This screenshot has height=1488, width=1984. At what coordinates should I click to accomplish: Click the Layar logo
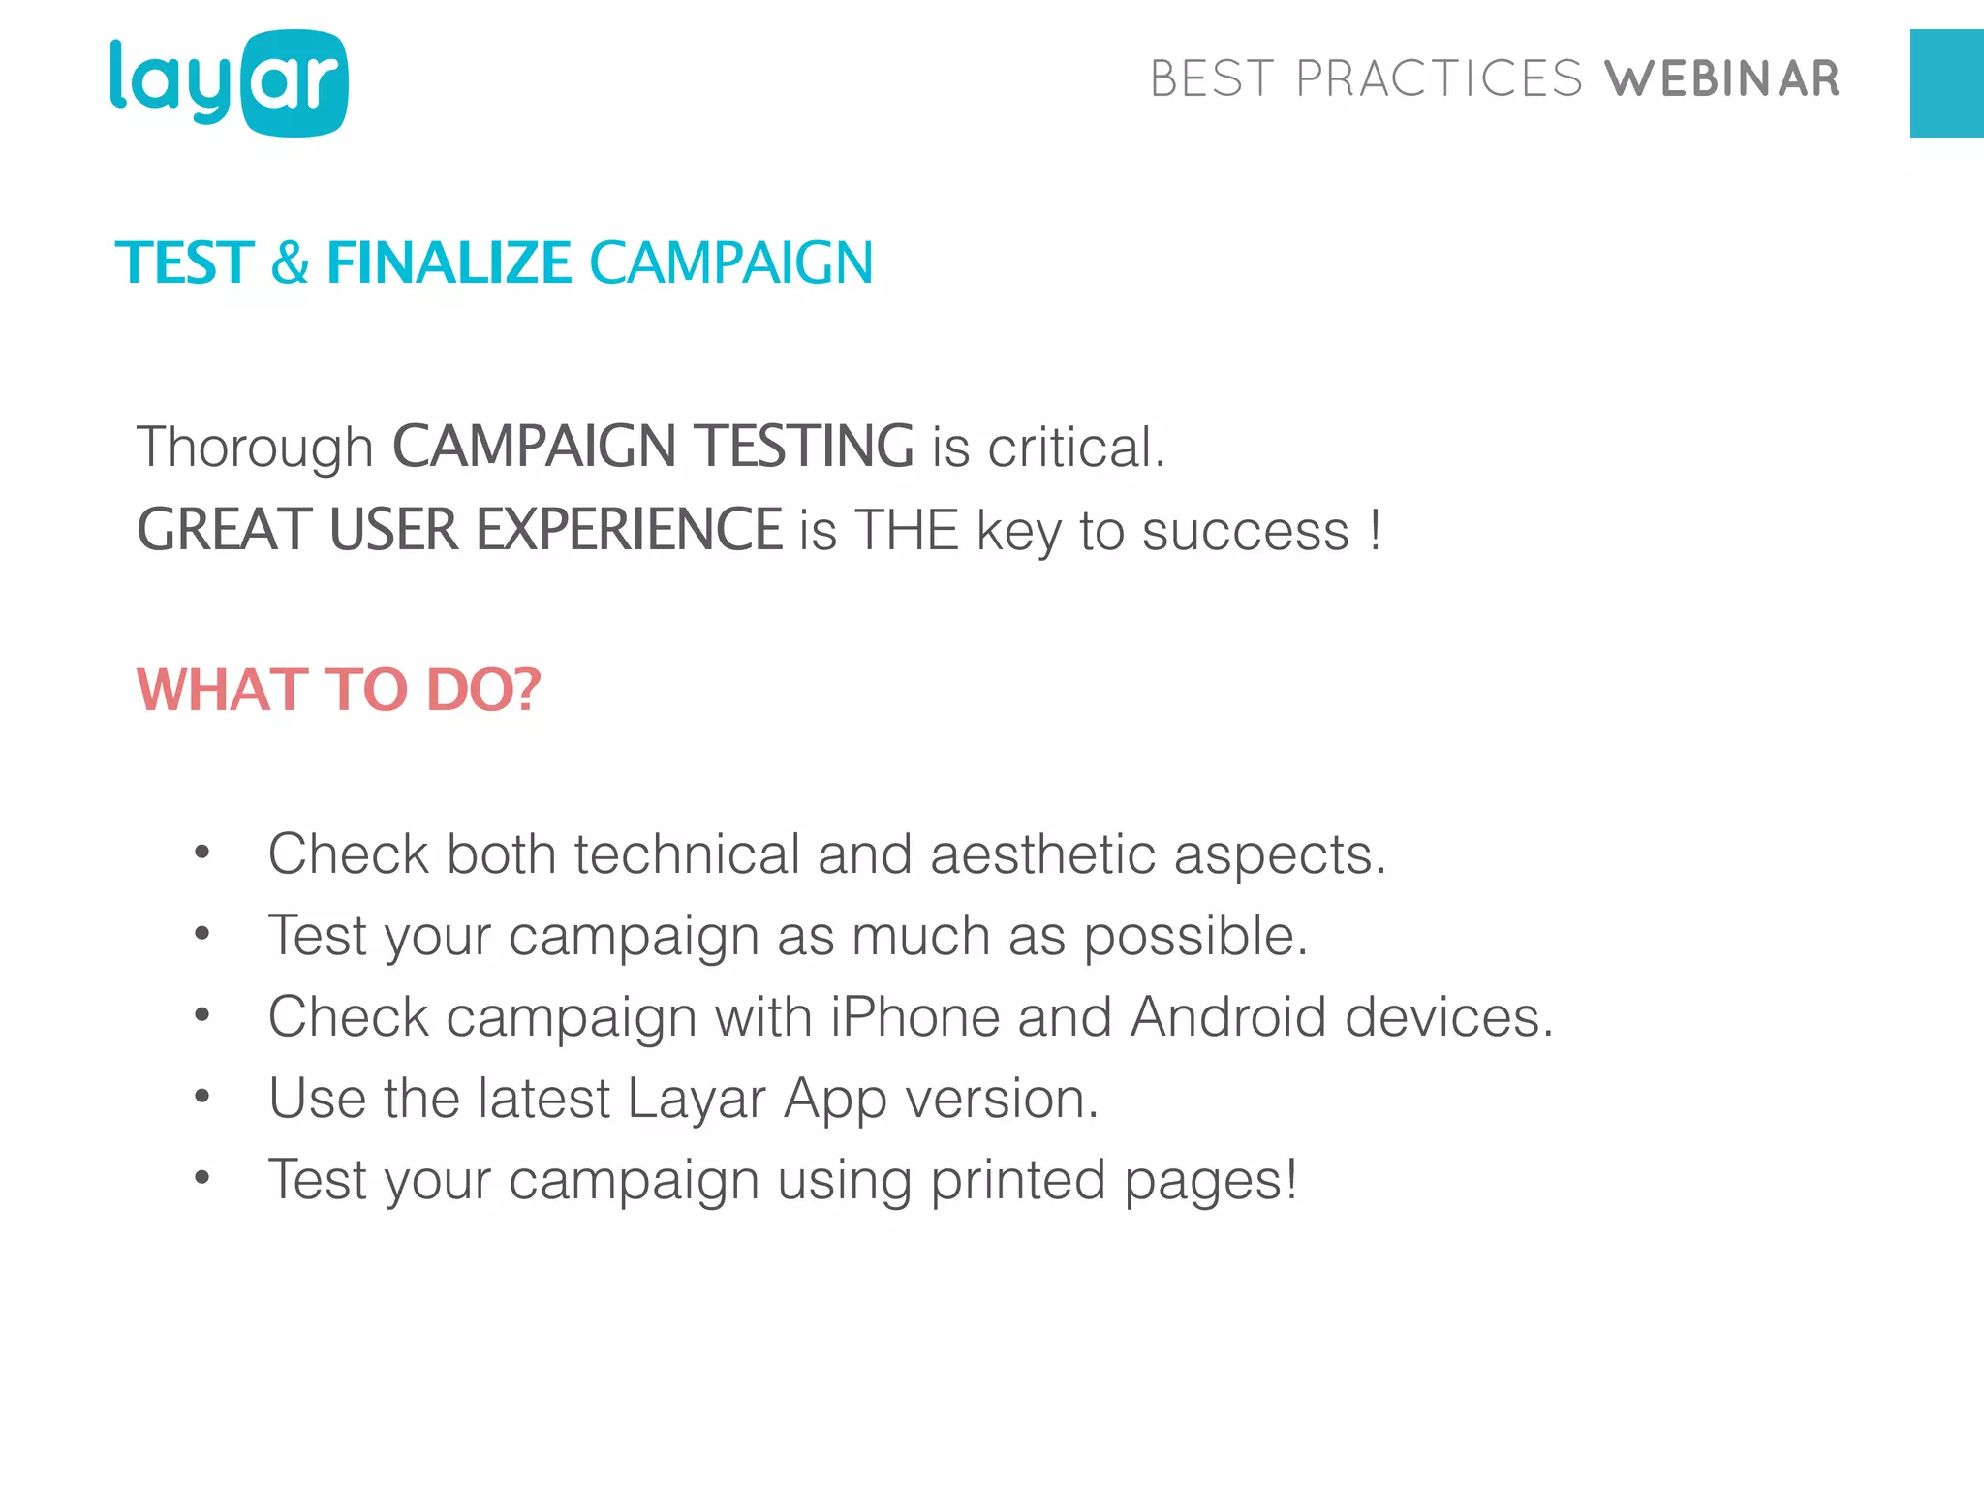coord(229,83)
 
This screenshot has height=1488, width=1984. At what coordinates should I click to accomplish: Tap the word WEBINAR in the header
coord(1721,79)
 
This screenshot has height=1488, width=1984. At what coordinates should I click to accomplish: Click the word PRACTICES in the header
coord(1439,79)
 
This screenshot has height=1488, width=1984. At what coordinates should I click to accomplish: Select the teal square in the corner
coord(1946,83)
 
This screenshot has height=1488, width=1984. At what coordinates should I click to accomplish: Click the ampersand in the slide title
coord(290,263)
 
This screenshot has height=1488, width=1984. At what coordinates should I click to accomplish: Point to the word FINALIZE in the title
coord(449,263)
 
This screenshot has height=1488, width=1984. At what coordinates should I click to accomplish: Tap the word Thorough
coord(255,448)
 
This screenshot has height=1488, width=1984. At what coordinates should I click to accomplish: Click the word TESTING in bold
coord(805,447)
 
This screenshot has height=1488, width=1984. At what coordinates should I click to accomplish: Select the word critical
coord(1075,448)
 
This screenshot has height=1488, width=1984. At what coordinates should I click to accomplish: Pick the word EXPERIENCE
coord(628,530)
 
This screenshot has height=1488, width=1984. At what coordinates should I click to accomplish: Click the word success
coord(1245,532)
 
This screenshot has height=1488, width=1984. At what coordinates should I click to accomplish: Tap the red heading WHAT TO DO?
coord(338,690)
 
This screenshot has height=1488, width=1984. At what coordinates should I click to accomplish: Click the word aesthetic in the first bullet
coord(1042,854)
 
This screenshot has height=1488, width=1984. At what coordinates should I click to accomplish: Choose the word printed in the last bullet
coord(1017,1181)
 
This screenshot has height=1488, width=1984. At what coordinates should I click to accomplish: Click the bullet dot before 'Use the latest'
coord(201,1097)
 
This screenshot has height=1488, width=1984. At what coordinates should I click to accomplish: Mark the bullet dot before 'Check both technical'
coord(201,852)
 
